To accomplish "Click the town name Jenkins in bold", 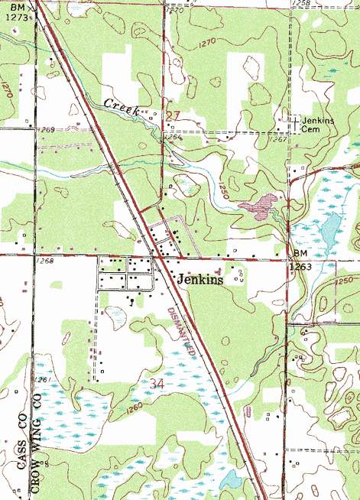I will pyautogui.click(x=200, y=280).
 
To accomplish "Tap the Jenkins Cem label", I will pyautogui.click(x=319, y=125).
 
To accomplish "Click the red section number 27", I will pyautogui.click(x=173, y=115).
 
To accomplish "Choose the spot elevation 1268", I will pyautogui.click(x=44, y=261).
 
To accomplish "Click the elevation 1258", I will pyautogui.click(x=303, y=5).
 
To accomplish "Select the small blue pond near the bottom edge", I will pyautogui.click(x=230, y=481).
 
